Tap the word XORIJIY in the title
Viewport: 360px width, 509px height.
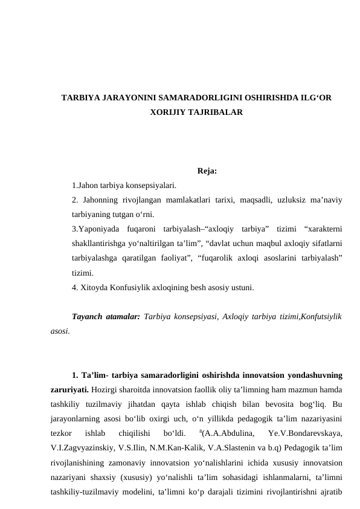[167, 112]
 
